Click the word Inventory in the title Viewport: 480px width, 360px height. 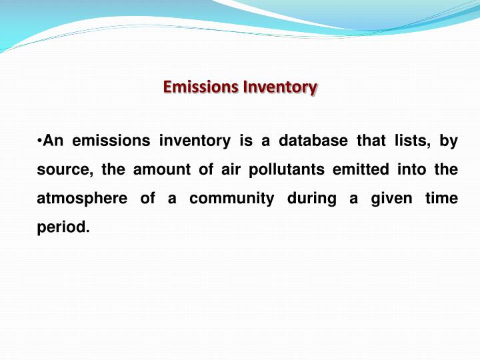click(x=280, y=87)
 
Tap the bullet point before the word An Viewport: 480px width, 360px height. click(x=39, y=141)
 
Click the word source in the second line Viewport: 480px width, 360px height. click(x=63, y=170)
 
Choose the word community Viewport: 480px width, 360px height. click(x=230, y=199)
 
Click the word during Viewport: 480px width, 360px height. click(x=311, y=199)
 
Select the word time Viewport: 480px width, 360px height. click(x=442, y=199)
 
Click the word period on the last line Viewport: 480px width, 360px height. click(x=63, y=227)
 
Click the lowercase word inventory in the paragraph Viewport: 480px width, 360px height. click(x=195, y=141)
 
